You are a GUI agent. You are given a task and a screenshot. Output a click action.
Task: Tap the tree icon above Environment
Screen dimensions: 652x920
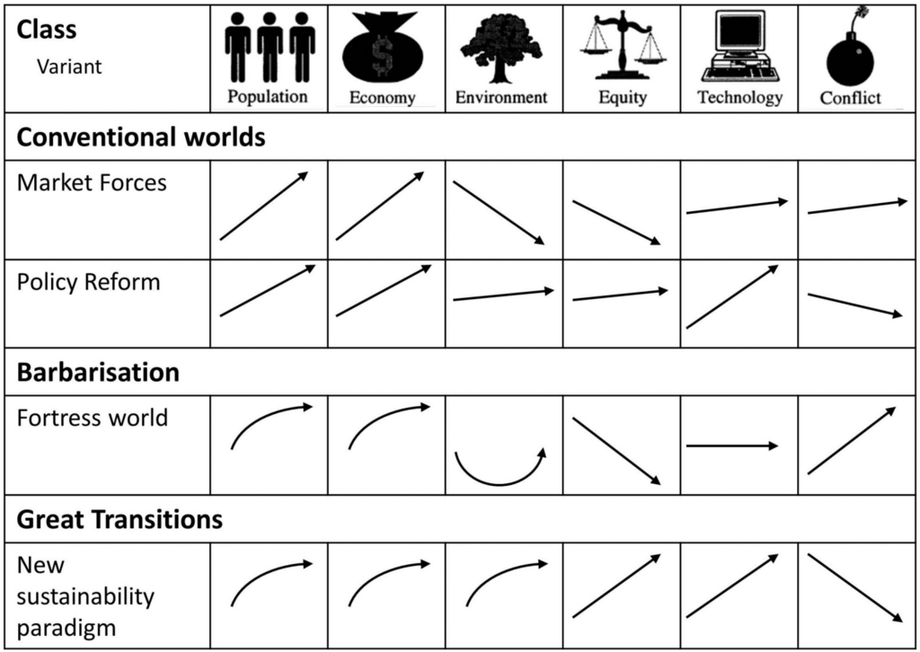[500, 47]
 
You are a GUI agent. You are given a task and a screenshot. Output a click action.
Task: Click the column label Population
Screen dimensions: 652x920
[268, 96]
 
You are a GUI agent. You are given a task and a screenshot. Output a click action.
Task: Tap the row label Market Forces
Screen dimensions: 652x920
[92, 183]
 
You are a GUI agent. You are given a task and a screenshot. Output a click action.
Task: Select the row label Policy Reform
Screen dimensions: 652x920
[88, 282]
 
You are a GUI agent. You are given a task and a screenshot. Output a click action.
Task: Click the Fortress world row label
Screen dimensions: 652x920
[92, 418]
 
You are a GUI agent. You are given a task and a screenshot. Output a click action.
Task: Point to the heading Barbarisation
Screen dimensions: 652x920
[98, 372]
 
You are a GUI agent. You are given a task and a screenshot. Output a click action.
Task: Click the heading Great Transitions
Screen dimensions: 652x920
[119, 519]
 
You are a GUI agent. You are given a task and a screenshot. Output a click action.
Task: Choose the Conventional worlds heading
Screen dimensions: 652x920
[141, 137]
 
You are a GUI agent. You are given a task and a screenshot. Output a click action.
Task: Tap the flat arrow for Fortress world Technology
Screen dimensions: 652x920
[732, 445]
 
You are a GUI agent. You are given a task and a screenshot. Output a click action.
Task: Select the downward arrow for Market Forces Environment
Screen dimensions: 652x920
[499, 212]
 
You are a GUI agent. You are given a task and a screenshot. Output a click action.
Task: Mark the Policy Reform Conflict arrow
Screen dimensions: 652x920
[854, 304]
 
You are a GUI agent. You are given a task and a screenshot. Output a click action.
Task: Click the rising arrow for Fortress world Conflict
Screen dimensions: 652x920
[851, 440]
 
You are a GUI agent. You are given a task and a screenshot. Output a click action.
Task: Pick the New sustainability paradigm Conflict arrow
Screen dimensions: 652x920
[854, 587]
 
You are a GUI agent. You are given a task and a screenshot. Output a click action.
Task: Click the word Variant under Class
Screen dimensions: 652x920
[68, 67]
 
